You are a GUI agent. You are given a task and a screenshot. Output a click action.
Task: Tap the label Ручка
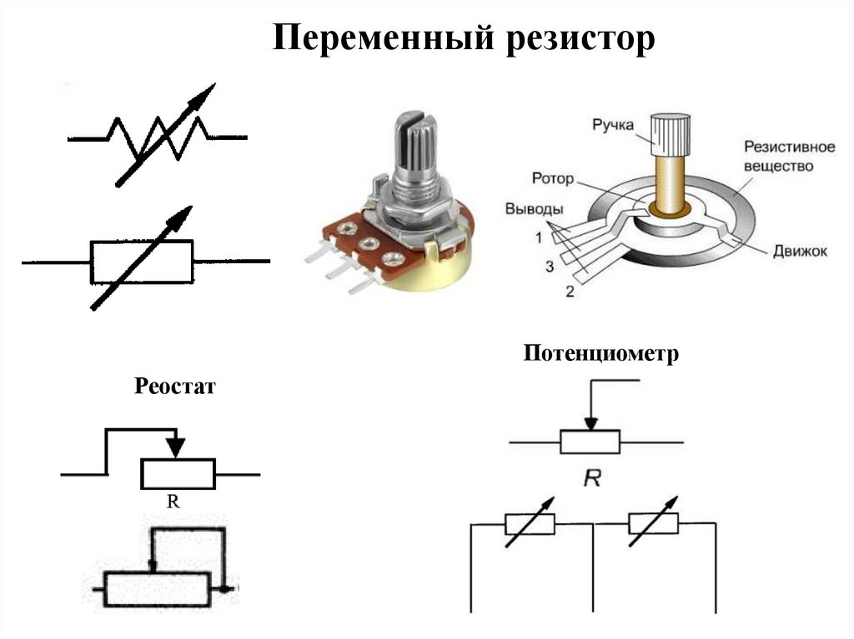click(x=614, y=126)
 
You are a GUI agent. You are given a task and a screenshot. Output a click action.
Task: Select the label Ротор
click(x=551, y=177)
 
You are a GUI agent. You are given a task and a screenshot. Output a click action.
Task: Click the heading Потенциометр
click(x=601, y=354)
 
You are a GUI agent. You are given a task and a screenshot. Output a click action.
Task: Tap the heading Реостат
click(x=174, y=387)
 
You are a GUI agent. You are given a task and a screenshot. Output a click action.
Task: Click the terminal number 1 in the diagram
click(x=539, y=237)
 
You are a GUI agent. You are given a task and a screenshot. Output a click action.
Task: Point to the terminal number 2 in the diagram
click(x=570, y=292)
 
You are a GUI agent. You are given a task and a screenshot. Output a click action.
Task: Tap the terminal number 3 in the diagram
click(x=550, y=267)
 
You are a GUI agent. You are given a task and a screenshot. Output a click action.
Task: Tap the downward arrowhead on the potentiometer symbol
click(x=590, y=423)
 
